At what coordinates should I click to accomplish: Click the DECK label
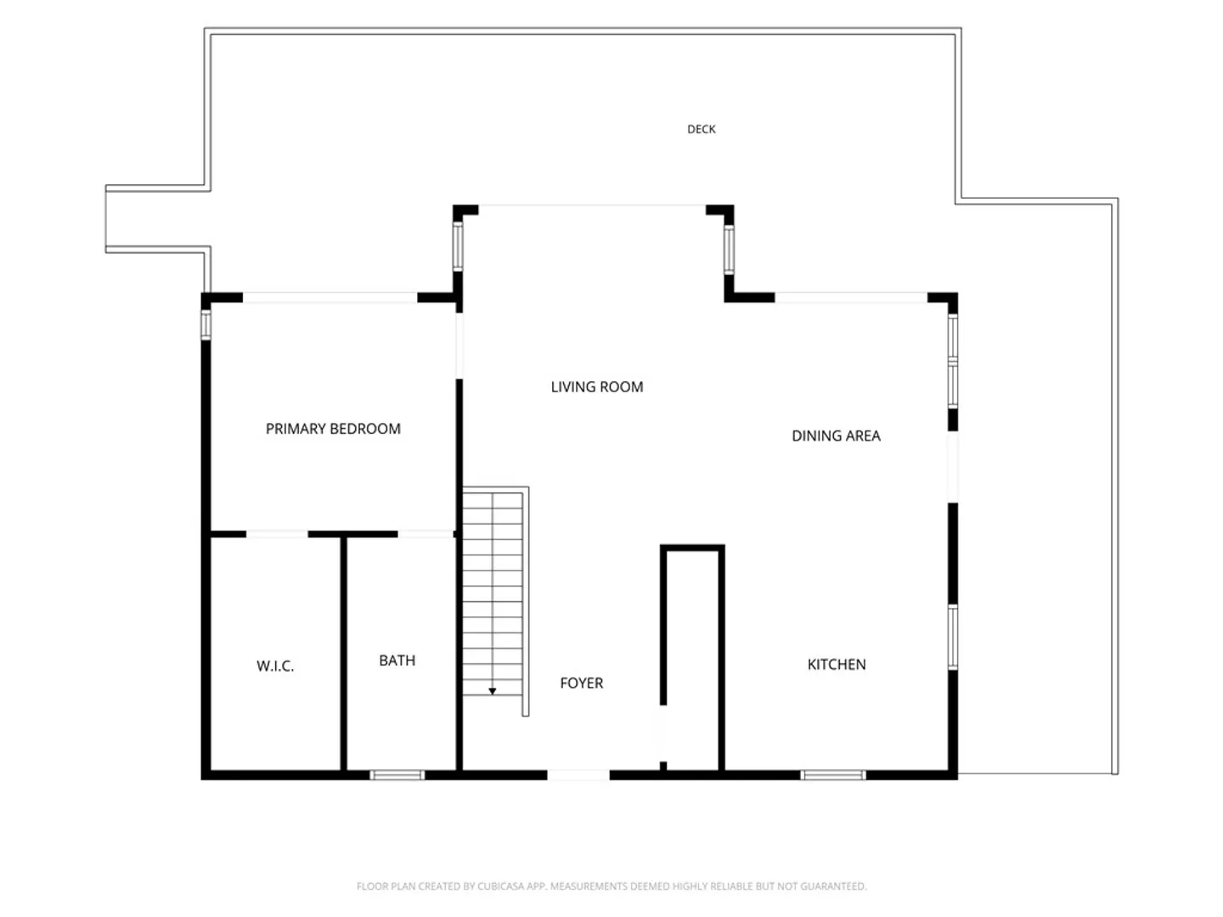click(701, 129)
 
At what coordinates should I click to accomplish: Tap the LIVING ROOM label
click(597, 387)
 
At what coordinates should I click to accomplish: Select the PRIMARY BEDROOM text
click(333, 429)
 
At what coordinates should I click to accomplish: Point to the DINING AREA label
click(836, 436)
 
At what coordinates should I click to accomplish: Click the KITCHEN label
click(837, 664)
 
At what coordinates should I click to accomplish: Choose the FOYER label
click(581, 684)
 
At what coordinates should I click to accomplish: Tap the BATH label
click(397, 661)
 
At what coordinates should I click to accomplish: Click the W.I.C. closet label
click(274, 666)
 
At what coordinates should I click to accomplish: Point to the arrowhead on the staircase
click(492, 691)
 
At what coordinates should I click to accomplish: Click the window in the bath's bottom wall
click(397, 775)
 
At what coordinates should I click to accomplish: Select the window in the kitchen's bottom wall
click(833, 775)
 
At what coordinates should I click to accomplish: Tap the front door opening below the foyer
click(578, 775)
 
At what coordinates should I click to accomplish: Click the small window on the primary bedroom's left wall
click(206, 325)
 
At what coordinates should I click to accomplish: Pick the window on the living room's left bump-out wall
click(458, 246)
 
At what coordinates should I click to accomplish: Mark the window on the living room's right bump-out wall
click(729, 250)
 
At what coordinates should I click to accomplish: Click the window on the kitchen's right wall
click(953, 637)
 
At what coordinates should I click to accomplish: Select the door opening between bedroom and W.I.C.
click(277, 534)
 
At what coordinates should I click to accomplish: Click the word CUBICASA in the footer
click(499, 886)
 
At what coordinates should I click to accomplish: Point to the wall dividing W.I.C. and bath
click(343, 654)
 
